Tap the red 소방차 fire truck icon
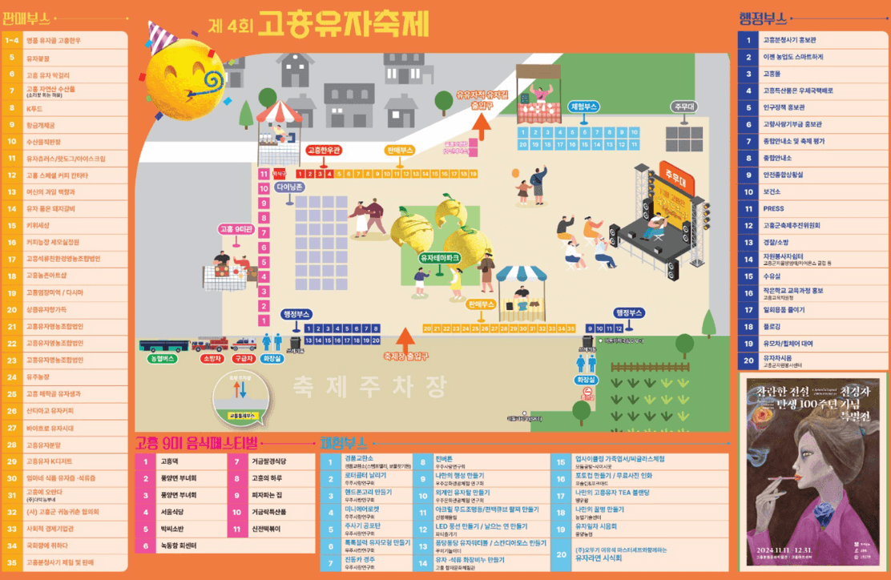tap(210, 345)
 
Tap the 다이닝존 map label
tap(289, 187)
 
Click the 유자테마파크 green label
tap(439, 258)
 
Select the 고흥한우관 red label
tap(324, 150)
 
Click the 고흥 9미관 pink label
tap(236, 229)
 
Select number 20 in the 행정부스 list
tap(748, 360)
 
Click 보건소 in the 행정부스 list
tap(772, 192)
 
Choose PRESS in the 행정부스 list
tap(773, 209)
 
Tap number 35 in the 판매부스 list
tap(12, 562)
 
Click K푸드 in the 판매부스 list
tap(34, 108)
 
